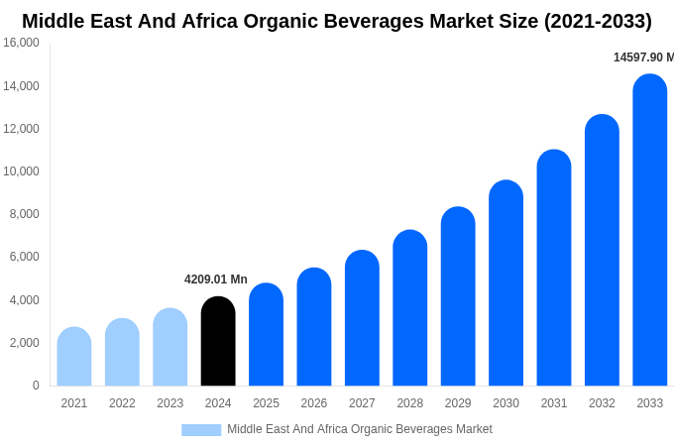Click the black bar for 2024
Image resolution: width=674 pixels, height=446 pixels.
pos(218,342)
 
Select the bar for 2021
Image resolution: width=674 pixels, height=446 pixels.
pos(74,357)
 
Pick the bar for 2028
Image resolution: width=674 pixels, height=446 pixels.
pos(410,308)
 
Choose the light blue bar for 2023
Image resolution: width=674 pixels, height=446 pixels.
pos(170,347)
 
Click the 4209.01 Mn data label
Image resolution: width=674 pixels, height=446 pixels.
pos(216,279)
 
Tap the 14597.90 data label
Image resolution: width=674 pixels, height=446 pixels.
pos(642,57)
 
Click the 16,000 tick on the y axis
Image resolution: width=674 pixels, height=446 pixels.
pos(22,43)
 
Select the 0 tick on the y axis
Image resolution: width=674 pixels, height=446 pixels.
pos(36,386)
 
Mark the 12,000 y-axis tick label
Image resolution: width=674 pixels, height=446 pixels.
pos(22,129)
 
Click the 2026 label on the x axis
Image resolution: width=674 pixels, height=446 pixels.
pos(314,403)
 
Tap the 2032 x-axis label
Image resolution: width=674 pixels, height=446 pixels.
pos(602,403)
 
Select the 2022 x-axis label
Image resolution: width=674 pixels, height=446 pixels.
pos(122,403)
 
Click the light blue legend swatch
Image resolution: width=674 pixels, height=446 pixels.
pos(201,430)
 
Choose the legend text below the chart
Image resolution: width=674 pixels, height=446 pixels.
pos(359,429)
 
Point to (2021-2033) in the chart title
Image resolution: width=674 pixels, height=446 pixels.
pos(598,21)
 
